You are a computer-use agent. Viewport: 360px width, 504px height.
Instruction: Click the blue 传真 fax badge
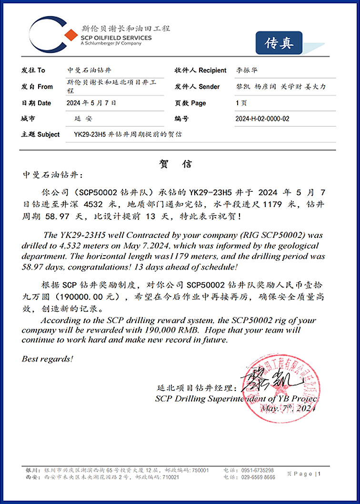[279, 43]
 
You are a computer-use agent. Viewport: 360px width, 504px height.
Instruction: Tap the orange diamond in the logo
[70, 34]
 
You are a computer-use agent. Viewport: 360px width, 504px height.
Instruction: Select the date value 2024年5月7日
[92, 103]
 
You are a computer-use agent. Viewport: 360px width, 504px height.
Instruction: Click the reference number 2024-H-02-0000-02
[262, 119]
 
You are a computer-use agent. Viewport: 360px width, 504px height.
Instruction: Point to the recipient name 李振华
[247, 70]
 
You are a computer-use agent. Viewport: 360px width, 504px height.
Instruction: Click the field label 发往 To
[33, 70]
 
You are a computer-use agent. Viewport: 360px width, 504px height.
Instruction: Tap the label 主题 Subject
[40, 135]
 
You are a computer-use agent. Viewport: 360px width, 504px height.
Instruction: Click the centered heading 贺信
[175, 164]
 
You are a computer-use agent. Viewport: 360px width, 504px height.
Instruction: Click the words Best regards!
[48, 359]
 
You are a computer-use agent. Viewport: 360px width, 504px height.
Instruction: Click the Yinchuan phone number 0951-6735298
[258, 470]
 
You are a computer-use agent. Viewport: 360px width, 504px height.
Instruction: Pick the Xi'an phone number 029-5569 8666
[257, 477]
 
